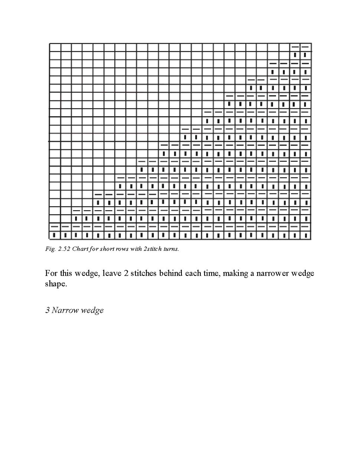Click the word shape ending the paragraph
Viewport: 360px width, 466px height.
tap(55, 283)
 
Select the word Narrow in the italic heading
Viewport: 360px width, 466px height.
tap(64, 310)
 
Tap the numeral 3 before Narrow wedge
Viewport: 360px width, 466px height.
tap(48, 310)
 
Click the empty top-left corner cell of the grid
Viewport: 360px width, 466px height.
tap(55, 47)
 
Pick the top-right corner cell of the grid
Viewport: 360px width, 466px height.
tap(305, 47)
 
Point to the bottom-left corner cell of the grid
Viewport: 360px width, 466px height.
tap(55, 235)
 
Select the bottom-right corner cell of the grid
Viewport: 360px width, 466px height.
tap(305, 235)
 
